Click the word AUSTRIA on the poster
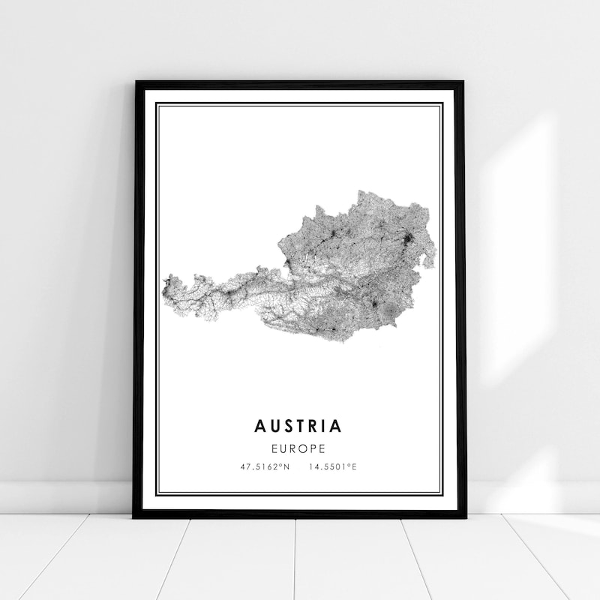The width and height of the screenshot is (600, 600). (x=298, y=426)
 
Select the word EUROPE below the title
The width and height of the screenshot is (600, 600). (x=298, y=449)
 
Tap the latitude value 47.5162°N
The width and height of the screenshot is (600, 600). (x=264, y=467)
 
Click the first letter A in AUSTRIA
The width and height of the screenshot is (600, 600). (x=260, y=426)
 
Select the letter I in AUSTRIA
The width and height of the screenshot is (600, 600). (x=325, y=426)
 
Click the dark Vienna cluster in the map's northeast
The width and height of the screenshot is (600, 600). (x=408, y=241)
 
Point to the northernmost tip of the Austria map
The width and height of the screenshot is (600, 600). (x=363, y=191)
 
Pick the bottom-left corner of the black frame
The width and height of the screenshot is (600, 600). (x=135, y=517)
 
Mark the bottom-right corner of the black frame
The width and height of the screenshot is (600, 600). (x=464, y=517)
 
